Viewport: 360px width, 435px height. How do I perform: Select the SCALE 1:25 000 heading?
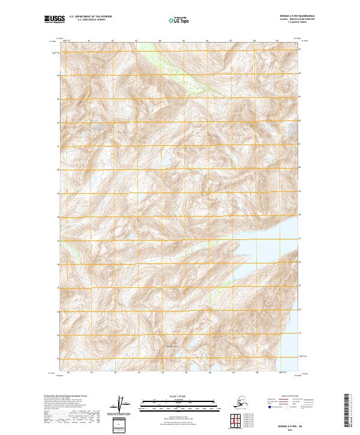[x=178, y=395]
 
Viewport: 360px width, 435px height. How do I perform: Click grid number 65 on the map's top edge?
[x=183, y=41]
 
